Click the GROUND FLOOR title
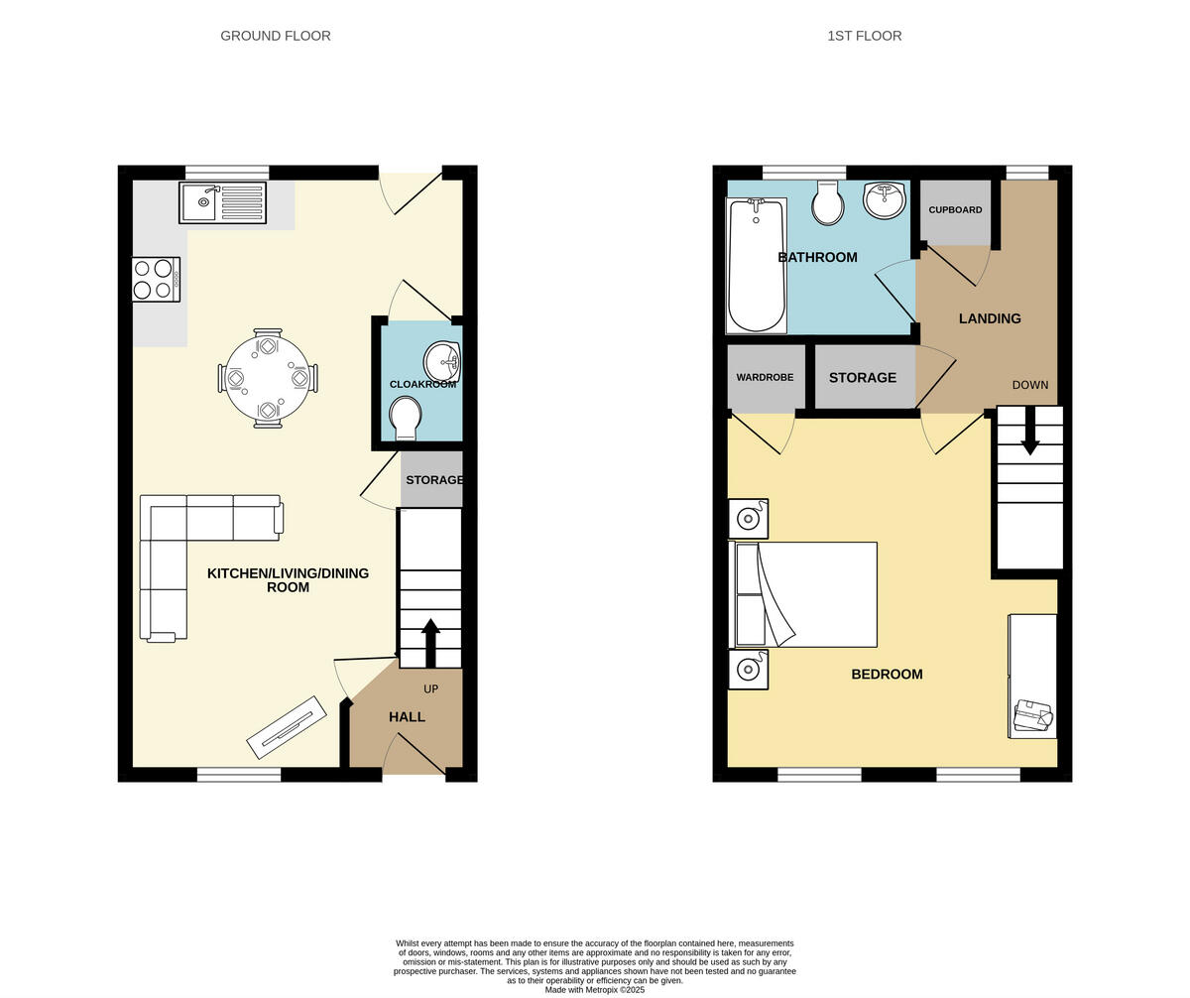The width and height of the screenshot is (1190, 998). point(276,36)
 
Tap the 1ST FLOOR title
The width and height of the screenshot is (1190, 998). point(864,36)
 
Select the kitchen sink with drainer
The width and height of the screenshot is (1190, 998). point(222,202)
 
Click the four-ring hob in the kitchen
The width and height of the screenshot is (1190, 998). point(156,279)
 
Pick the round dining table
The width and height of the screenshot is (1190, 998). point(268,378)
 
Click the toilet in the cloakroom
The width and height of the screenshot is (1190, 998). point(405,416)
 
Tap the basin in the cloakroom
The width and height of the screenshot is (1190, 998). point(441,362)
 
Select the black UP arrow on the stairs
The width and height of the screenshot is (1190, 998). point(430,643)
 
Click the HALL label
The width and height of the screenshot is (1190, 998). point(407,717)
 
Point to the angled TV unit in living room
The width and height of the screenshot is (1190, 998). point(287,727)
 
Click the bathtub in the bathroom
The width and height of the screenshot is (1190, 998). point(757,266)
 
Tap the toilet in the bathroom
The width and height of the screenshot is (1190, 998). point(828,203)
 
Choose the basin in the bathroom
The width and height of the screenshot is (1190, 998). point(884,199)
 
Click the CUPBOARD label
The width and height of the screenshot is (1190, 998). point(955,210)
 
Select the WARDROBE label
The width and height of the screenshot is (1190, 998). point(765,378)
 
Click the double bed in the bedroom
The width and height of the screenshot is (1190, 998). point(805,594)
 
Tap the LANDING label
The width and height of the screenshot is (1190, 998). point(990,318)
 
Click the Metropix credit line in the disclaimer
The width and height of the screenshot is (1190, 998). point(594,989)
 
